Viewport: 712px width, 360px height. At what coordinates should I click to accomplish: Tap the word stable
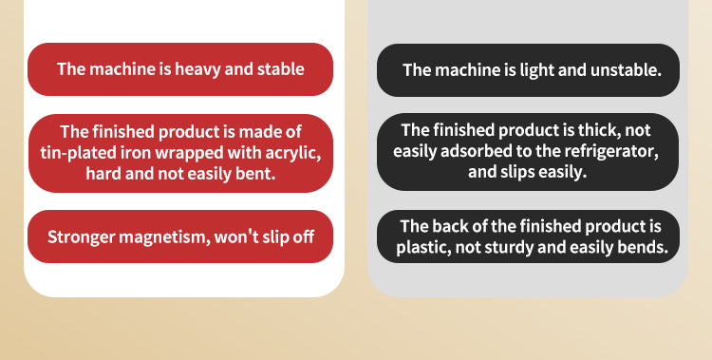click(281, 69)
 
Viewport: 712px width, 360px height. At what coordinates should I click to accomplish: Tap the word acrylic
click(293, 154)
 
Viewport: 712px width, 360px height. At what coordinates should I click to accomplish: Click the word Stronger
click(81, 237)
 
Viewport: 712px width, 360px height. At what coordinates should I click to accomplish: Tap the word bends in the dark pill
click(643, 247)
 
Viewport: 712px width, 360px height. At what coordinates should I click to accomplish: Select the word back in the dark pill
click(449, 226)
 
